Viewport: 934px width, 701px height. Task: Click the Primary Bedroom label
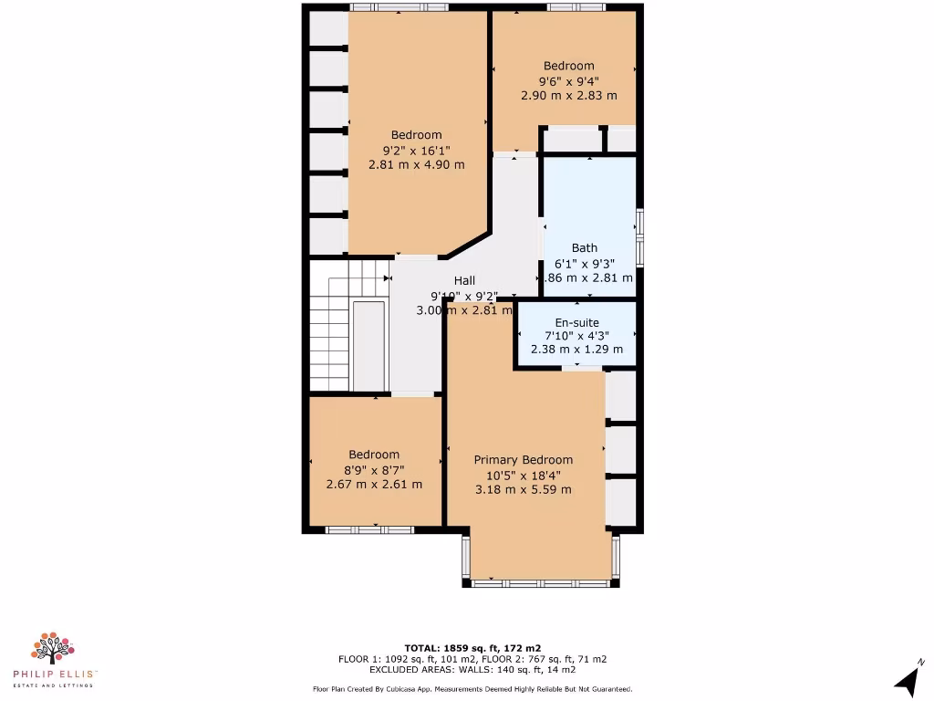[523, 460]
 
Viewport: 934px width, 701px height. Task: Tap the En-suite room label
[576, 323]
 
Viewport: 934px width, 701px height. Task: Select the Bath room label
[585, 248]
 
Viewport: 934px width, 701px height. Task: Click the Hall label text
[464, 281]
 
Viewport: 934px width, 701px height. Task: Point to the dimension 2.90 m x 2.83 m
[568, 95]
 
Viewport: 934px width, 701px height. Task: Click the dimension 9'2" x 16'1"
[416, 150]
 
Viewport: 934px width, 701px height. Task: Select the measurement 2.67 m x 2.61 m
[374, 484]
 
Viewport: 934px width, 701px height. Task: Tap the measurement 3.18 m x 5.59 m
[523, 489]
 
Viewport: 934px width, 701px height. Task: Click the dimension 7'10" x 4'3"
[576, 336]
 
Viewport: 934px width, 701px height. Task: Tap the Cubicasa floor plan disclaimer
[472, 689]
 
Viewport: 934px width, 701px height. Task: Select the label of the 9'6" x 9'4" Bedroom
[568, 66]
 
